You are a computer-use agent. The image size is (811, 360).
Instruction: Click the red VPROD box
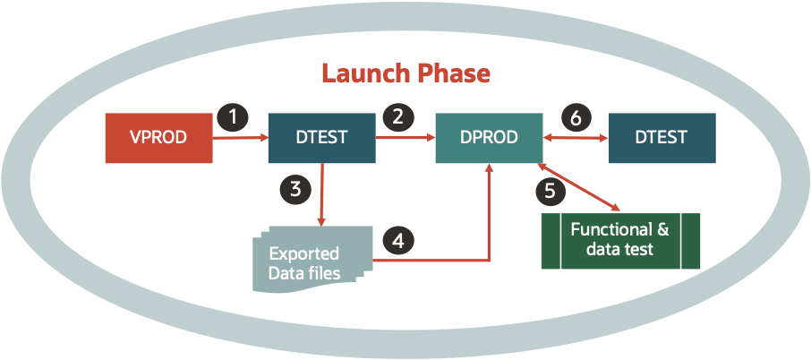click(x=158, y=138)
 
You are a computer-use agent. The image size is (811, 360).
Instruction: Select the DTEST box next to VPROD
click(x=321, y=138)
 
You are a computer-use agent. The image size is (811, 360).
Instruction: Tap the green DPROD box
click(x=489, y=138)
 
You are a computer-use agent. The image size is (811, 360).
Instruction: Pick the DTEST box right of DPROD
click(x=662, y=138)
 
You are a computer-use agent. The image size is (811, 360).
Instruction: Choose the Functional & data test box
click(x=619, y=240)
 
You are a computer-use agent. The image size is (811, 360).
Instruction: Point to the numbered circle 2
click(x=395, y=116)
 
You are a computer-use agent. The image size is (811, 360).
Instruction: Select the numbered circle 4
click(x=398, y=240)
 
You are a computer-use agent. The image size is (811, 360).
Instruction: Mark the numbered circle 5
click(x=550, y=190)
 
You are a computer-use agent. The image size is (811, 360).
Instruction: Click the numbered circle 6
click(x=575, y=116)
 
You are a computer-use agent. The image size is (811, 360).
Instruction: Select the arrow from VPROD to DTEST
click(x=240, y=138)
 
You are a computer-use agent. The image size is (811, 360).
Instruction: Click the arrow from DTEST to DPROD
click(x=405, y=138)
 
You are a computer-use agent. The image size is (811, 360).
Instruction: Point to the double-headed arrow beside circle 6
click(x=575, y=138)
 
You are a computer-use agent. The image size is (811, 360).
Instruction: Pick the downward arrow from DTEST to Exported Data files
click(x=321, y=193)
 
